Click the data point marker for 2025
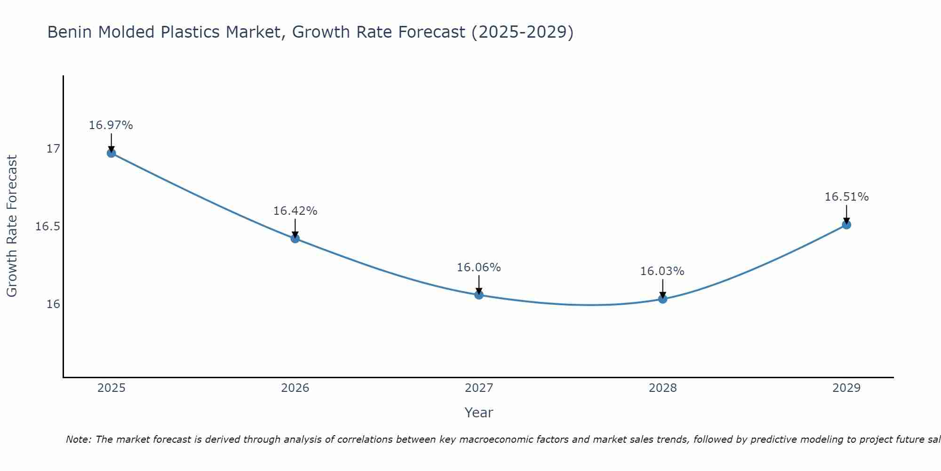[x=112, y=153]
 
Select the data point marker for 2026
[x=295, y=238]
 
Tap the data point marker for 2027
[x=479, y=295]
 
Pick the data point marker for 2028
[x=662, y=299]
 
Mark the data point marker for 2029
[x=846, y=225]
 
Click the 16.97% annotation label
[x=111, y=125]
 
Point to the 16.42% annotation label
[x=295, y=211]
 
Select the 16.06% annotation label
[x=478, y=268]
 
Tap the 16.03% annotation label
[x=662, y=271]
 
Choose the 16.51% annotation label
[x=846, y=197]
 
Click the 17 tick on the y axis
[x=53, y=149]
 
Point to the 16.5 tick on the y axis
[x=48, y=227]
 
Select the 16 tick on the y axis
[x=53, y=304]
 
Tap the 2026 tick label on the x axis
[x=295, y=388]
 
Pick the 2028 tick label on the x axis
[x=662, y=388]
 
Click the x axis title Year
[x=478, y=413]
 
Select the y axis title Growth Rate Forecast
[x=12, y=226]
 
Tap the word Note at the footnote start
[x=78, y=439]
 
